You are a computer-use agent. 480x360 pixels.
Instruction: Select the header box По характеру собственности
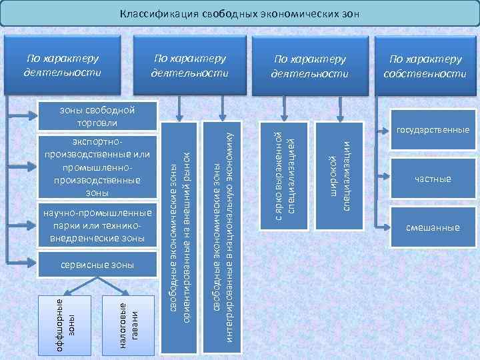425,66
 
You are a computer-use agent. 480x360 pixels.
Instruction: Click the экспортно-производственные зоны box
95,167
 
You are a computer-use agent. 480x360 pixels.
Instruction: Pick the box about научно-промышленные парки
95,225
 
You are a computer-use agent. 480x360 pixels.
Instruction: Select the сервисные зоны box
95,265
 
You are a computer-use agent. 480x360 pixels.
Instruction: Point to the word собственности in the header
425,73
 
